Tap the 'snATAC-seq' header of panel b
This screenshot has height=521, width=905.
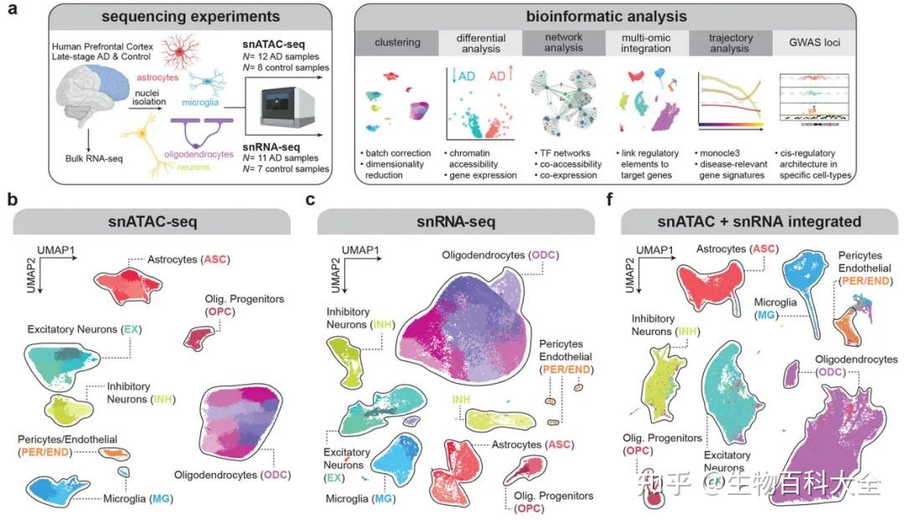[x=153, y=222]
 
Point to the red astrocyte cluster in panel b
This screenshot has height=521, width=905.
[x=129, y=286]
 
